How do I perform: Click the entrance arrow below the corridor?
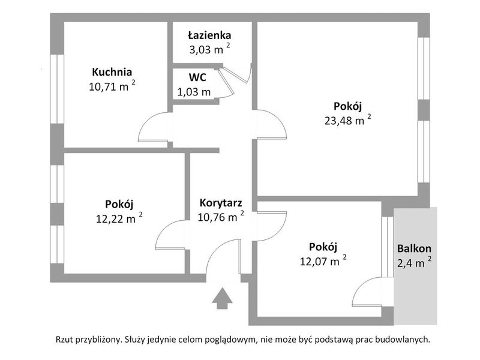tap(222, 298)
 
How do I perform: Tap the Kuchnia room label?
tap(112, 72)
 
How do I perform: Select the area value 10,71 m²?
tap(112, 86)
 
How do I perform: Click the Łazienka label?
tap(209, 35)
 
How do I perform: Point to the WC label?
tap(197, 77)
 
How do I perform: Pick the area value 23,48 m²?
tap(348, 120)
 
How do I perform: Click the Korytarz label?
tap(221, 203)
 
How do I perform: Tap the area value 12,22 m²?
tap(119, 218)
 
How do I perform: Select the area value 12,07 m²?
tap(323, 261)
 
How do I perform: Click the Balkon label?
tap(414, 248)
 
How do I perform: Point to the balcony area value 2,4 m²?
tap(415, 262)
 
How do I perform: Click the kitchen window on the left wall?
tap(57, 89)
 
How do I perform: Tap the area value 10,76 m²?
tap(221, 217)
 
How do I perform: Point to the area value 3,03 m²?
tap(209, 49)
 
